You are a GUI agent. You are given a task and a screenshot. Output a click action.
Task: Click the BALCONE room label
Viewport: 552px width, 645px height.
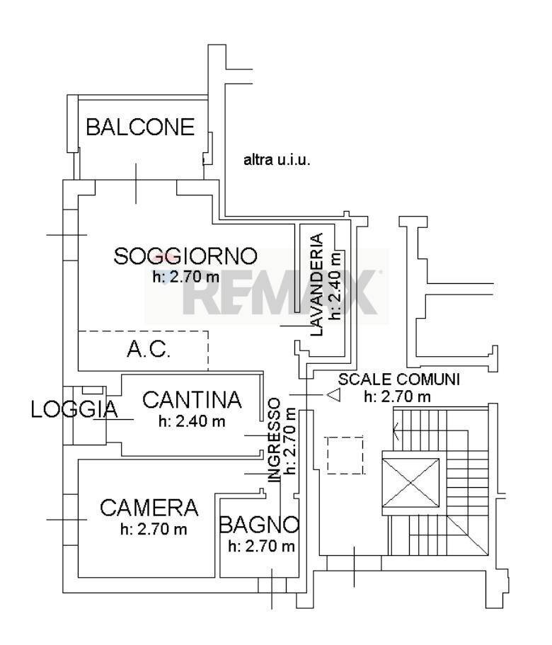point(140,127)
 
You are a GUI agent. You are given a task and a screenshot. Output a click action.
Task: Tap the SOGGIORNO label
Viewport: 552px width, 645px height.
point(185,256)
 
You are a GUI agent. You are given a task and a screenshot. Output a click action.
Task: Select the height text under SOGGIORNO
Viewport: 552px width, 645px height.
point(186,277)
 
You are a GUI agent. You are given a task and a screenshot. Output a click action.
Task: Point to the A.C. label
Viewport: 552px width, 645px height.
point(149,350)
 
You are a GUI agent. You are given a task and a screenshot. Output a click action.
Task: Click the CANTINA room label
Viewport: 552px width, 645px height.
point(192,399)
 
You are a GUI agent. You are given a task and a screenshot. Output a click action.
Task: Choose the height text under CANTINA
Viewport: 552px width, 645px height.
point(192,421)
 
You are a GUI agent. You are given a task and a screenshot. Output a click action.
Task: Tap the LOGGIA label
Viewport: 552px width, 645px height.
point(74,409)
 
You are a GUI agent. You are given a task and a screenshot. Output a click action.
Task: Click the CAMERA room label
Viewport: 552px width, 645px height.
point(149,508)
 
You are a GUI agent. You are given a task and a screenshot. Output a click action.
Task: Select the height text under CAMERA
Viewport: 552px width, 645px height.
point(154,529)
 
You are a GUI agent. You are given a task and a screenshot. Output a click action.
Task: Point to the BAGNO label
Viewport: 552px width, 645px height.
point(259,525)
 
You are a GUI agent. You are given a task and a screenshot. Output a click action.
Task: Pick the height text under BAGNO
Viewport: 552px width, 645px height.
point(261,547)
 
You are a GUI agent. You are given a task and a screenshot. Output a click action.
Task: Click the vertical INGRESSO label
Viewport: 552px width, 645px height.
point(274,440)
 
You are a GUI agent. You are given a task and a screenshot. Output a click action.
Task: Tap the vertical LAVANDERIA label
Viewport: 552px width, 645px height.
point(316,285)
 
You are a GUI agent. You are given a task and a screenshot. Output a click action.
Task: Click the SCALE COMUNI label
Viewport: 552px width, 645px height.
point(398,379)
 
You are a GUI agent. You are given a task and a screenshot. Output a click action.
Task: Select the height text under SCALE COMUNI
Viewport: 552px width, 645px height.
point(398,396)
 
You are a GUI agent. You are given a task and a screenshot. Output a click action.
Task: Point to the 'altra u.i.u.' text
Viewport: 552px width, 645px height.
point(277,159)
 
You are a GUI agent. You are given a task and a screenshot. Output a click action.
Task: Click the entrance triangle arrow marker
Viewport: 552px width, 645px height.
point(334,395)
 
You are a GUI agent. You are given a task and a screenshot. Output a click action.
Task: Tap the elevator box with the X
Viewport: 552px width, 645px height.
point(411,483)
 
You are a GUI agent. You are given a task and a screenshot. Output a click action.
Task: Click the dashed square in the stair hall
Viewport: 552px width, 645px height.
point(345,455)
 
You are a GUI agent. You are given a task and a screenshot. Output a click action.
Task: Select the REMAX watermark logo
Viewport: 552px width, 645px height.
point(267,287)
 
